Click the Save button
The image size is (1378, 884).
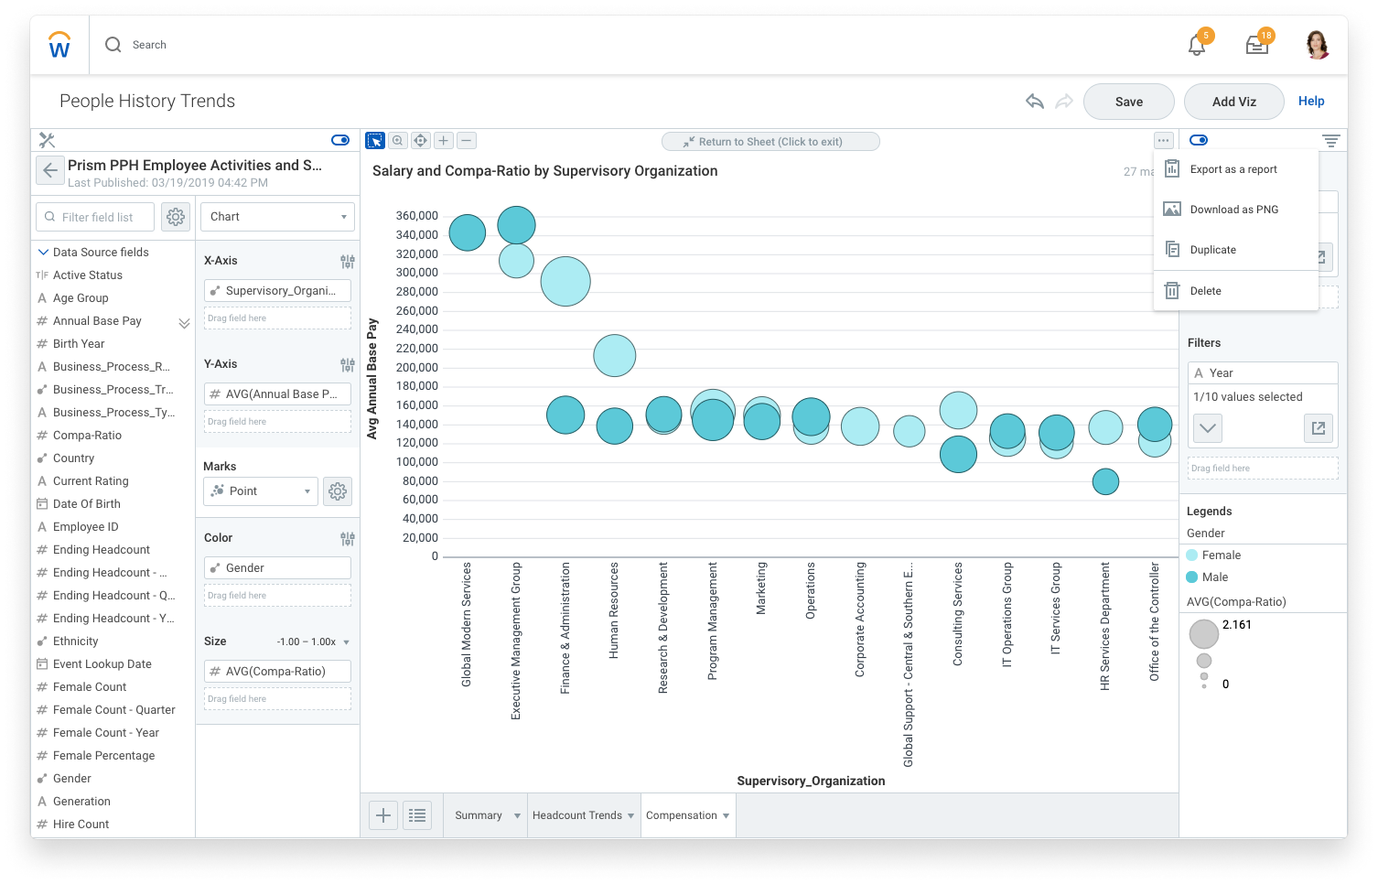click(1128, 102)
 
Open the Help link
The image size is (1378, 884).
click(1310, 101)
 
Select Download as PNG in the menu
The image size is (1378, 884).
click(1233, 210)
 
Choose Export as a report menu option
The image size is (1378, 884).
click(1233, 169)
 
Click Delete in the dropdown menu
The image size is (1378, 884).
click(1205, 291)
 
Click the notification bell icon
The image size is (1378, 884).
click(1196, 45)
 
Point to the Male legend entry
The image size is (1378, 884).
click(1214, 577)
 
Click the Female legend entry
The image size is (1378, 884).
click(1221, 555)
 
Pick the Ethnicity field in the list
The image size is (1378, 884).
click(75, 641)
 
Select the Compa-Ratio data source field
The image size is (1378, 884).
click(87, 436)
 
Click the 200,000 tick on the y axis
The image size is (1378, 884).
click(416, 367)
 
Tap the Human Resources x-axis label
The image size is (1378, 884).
click(614, 610)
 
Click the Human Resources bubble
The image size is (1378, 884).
click(614, 356)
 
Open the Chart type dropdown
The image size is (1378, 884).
click(277, 217)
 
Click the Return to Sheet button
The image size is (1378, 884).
click(770, 142)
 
